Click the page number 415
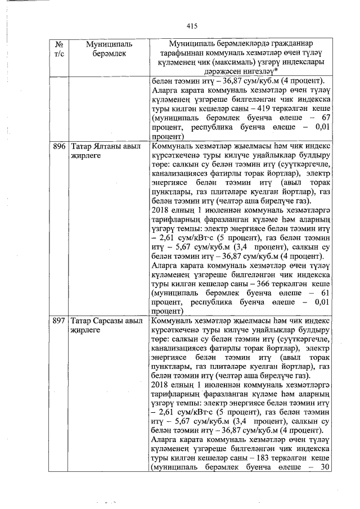(x=192, y=26)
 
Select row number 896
(x=59, y=146)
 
